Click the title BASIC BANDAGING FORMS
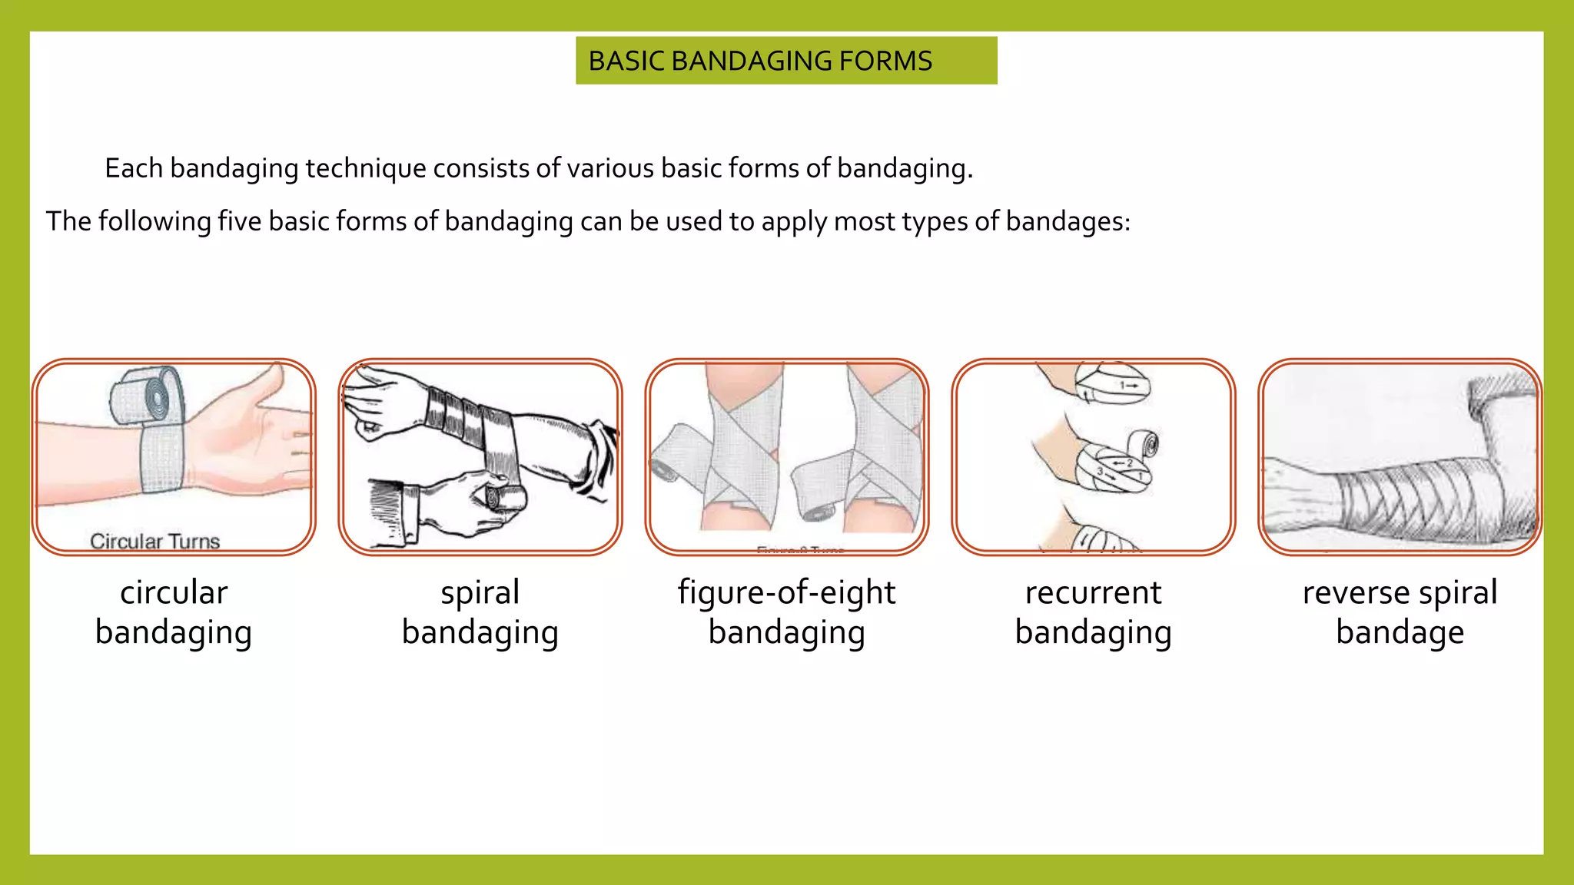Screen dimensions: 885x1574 click(759, 61)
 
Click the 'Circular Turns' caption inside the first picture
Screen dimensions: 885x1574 click(155, 542)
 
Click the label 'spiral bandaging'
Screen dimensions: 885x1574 click(480, 612)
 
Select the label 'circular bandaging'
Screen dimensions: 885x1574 click(174, 612)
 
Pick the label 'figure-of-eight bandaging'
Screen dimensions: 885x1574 click(786, 612)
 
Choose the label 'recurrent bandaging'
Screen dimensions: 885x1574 click(1093, 612)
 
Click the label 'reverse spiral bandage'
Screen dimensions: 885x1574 click(1400, 612)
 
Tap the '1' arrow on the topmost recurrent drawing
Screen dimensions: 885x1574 click(1127, 385)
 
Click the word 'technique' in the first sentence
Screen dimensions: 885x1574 click(366, 168)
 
